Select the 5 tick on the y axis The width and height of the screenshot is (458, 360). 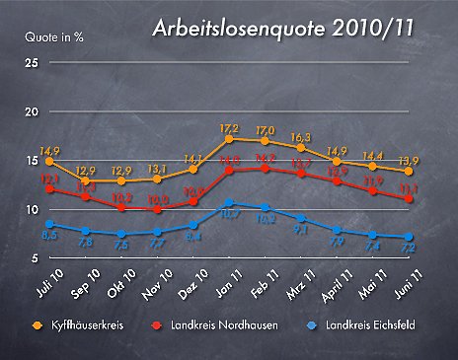[x=35, y=258]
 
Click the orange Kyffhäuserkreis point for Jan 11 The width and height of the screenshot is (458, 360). [x=229, y=139]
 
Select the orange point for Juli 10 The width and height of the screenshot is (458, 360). [x=49, y=161]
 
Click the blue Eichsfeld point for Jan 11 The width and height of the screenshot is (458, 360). [x=229, y=203]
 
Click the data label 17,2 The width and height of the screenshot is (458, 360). [x=229, y=128]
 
